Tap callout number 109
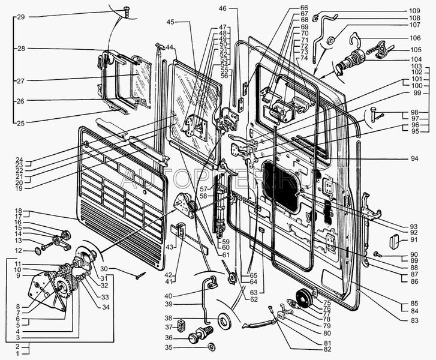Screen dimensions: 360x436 point(416,11)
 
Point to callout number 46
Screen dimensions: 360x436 point(223,8)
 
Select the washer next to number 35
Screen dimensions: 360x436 point(211,347)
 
